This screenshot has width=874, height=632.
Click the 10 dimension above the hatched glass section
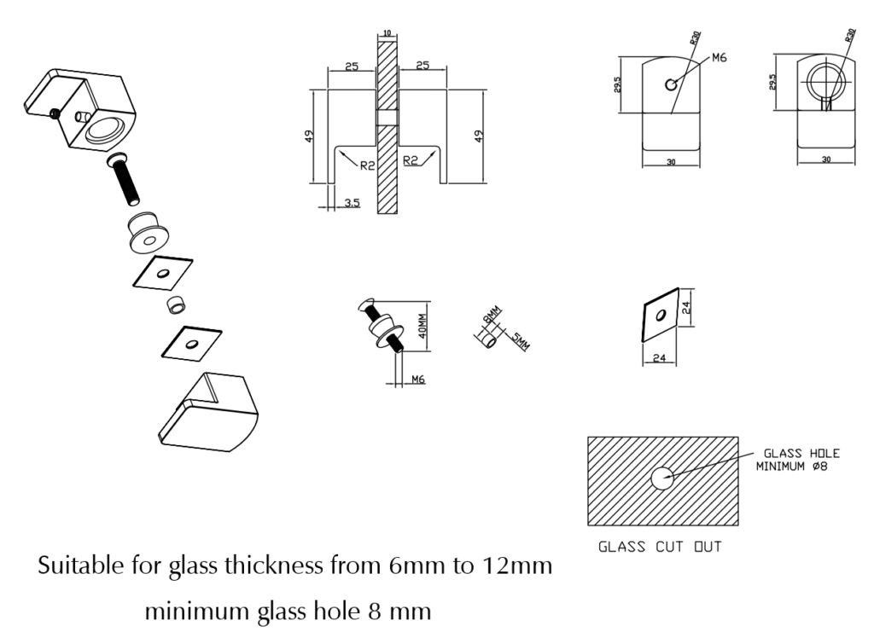click(387, 32)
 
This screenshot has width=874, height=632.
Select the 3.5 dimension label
click(351, 202)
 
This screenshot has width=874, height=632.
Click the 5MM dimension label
click(520, 342)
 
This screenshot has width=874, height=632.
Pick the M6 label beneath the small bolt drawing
click(418, 379)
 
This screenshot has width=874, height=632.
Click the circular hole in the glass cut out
click(663, 478)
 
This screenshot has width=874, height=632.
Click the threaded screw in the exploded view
click(125, 183)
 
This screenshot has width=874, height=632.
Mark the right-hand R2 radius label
click(410, 161)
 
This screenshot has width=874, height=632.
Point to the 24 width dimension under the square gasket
click(659, 358)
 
